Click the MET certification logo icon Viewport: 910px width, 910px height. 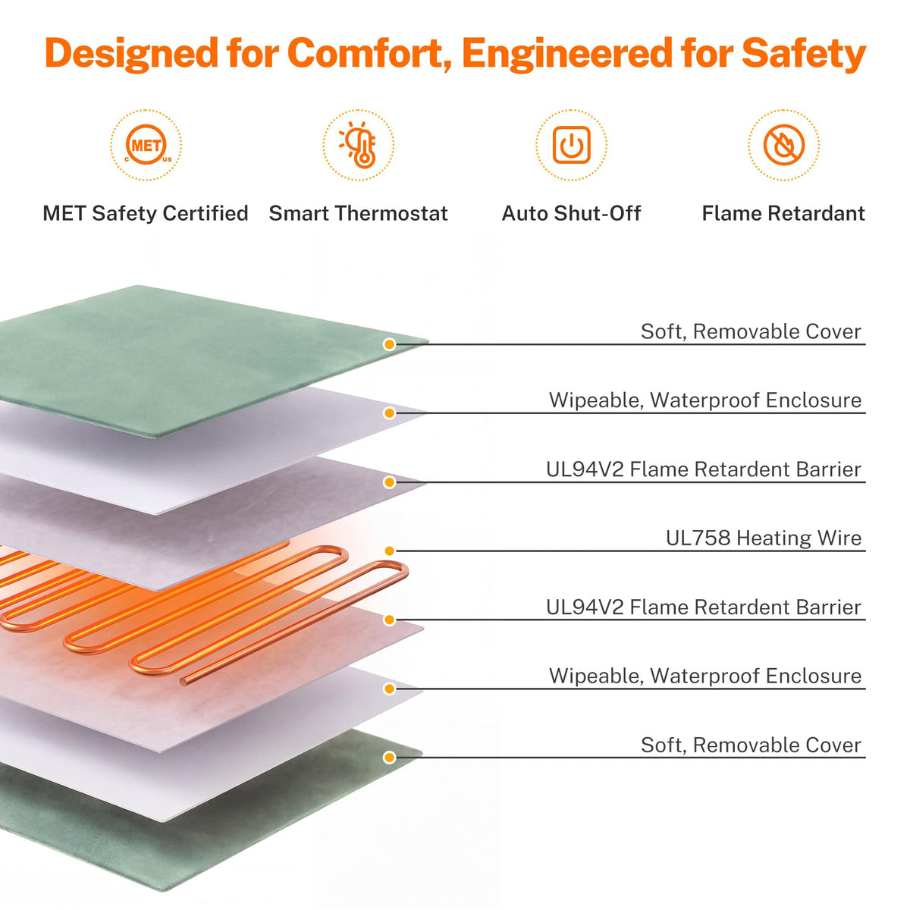tap(146, 145)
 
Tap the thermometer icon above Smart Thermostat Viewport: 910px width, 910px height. tap(359, 145)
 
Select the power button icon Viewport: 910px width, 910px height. tap(572, 145)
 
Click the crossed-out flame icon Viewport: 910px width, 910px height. tap(784, 145)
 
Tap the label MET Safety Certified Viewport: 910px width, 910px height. tap(146, 213)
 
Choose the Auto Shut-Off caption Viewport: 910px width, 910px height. tap(571, 213)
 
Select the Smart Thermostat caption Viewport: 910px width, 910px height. tap(359, 213)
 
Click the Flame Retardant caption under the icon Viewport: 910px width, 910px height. tap(783, 213)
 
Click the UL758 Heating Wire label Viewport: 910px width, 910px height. tap(763, 538)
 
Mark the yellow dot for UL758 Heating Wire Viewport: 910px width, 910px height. tap(390, 551)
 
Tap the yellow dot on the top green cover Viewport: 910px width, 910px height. tap(390, 344)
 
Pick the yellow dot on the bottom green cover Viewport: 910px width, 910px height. tap(390, 758)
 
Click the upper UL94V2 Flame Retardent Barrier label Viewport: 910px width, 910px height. tap(704, 469)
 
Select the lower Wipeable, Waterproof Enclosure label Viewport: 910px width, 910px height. tap(705, 676)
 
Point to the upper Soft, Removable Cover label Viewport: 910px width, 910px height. tap(751, 331)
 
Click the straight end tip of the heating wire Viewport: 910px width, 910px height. tap(184, 682)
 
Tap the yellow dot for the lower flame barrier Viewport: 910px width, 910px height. tap(390, 620)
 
